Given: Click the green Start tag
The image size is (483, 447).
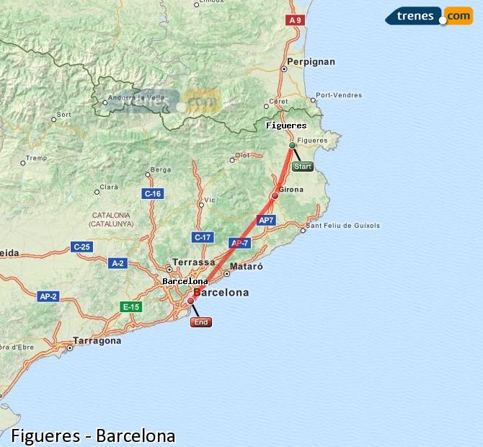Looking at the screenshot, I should pos(303,167).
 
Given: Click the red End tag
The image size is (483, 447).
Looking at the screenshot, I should pos(201,322).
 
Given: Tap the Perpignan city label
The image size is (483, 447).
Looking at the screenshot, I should pos(311,62).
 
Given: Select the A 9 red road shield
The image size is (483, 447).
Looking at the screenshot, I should pos(294,20).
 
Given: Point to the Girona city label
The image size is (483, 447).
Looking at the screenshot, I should pos(291,190).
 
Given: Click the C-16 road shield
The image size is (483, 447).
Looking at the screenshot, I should pos(153,193).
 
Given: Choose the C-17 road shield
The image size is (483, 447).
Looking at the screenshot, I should pos(203,237).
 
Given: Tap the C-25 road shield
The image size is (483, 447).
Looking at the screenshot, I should pos(81,247).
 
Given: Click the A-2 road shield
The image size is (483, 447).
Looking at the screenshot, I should pos(118,263).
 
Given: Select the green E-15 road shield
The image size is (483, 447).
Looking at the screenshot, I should pos(130,306).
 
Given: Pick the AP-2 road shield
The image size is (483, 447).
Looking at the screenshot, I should pos(48,296).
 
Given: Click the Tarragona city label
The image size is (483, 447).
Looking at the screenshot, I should pos(97,341).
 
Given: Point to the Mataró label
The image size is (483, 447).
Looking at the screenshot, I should pos(247,266).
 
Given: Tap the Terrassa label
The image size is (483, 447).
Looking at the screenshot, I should pos(195,262).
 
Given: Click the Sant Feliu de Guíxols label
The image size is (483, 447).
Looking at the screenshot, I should pos(343,226).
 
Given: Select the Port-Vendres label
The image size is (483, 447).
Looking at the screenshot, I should pos(339,95).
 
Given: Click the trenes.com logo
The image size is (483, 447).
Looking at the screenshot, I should pos(429,16).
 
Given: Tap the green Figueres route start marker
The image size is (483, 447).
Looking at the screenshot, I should pos(292,146).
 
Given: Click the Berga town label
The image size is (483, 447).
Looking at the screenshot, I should pos(160,170).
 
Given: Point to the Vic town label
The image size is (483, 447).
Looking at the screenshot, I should pos(210,200).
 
